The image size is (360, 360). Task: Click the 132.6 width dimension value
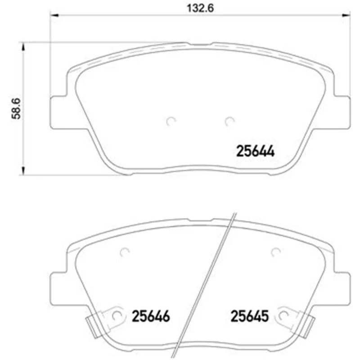click(200, 9)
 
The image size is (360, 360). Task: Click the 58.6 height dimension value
click(16, 108)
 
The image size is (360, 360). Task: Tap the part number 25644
click(255, 151)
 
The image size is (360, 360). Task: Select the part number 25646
click(151, 316)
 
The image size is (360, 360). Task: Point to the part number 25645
click(250, 316)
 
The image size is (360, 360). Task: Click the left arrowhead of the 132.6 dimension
click(54, 15)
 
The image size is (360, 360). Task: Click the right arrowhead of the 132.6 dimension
click(346, 15)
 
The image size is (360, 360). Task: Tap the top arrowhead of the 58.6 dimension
click(23, 47)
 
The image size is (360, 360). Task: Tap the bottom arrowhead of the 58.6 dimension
click(23, 171)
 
